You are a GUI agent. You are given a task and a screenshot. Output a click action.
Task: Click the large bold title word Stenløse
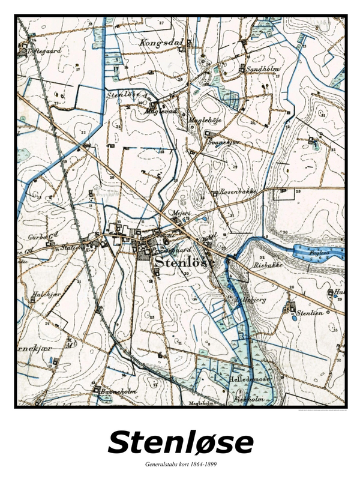[180, 443]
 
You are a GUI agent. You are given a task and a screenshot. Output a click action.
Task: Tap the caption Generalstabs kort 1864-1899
[180, 465]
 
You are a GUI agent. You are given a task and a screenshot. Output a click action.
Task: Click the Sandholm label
[260, 70]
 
